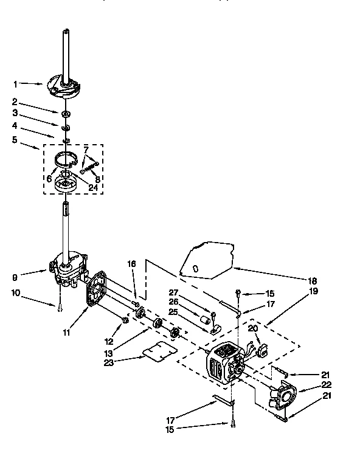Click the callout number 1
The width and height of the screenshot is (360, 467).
(x=16, y=84)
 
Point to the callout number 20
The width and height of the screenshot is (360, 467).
(x=254, y=328)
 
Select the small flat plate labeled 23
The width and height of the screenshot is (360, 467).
(x=155, y=351)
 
